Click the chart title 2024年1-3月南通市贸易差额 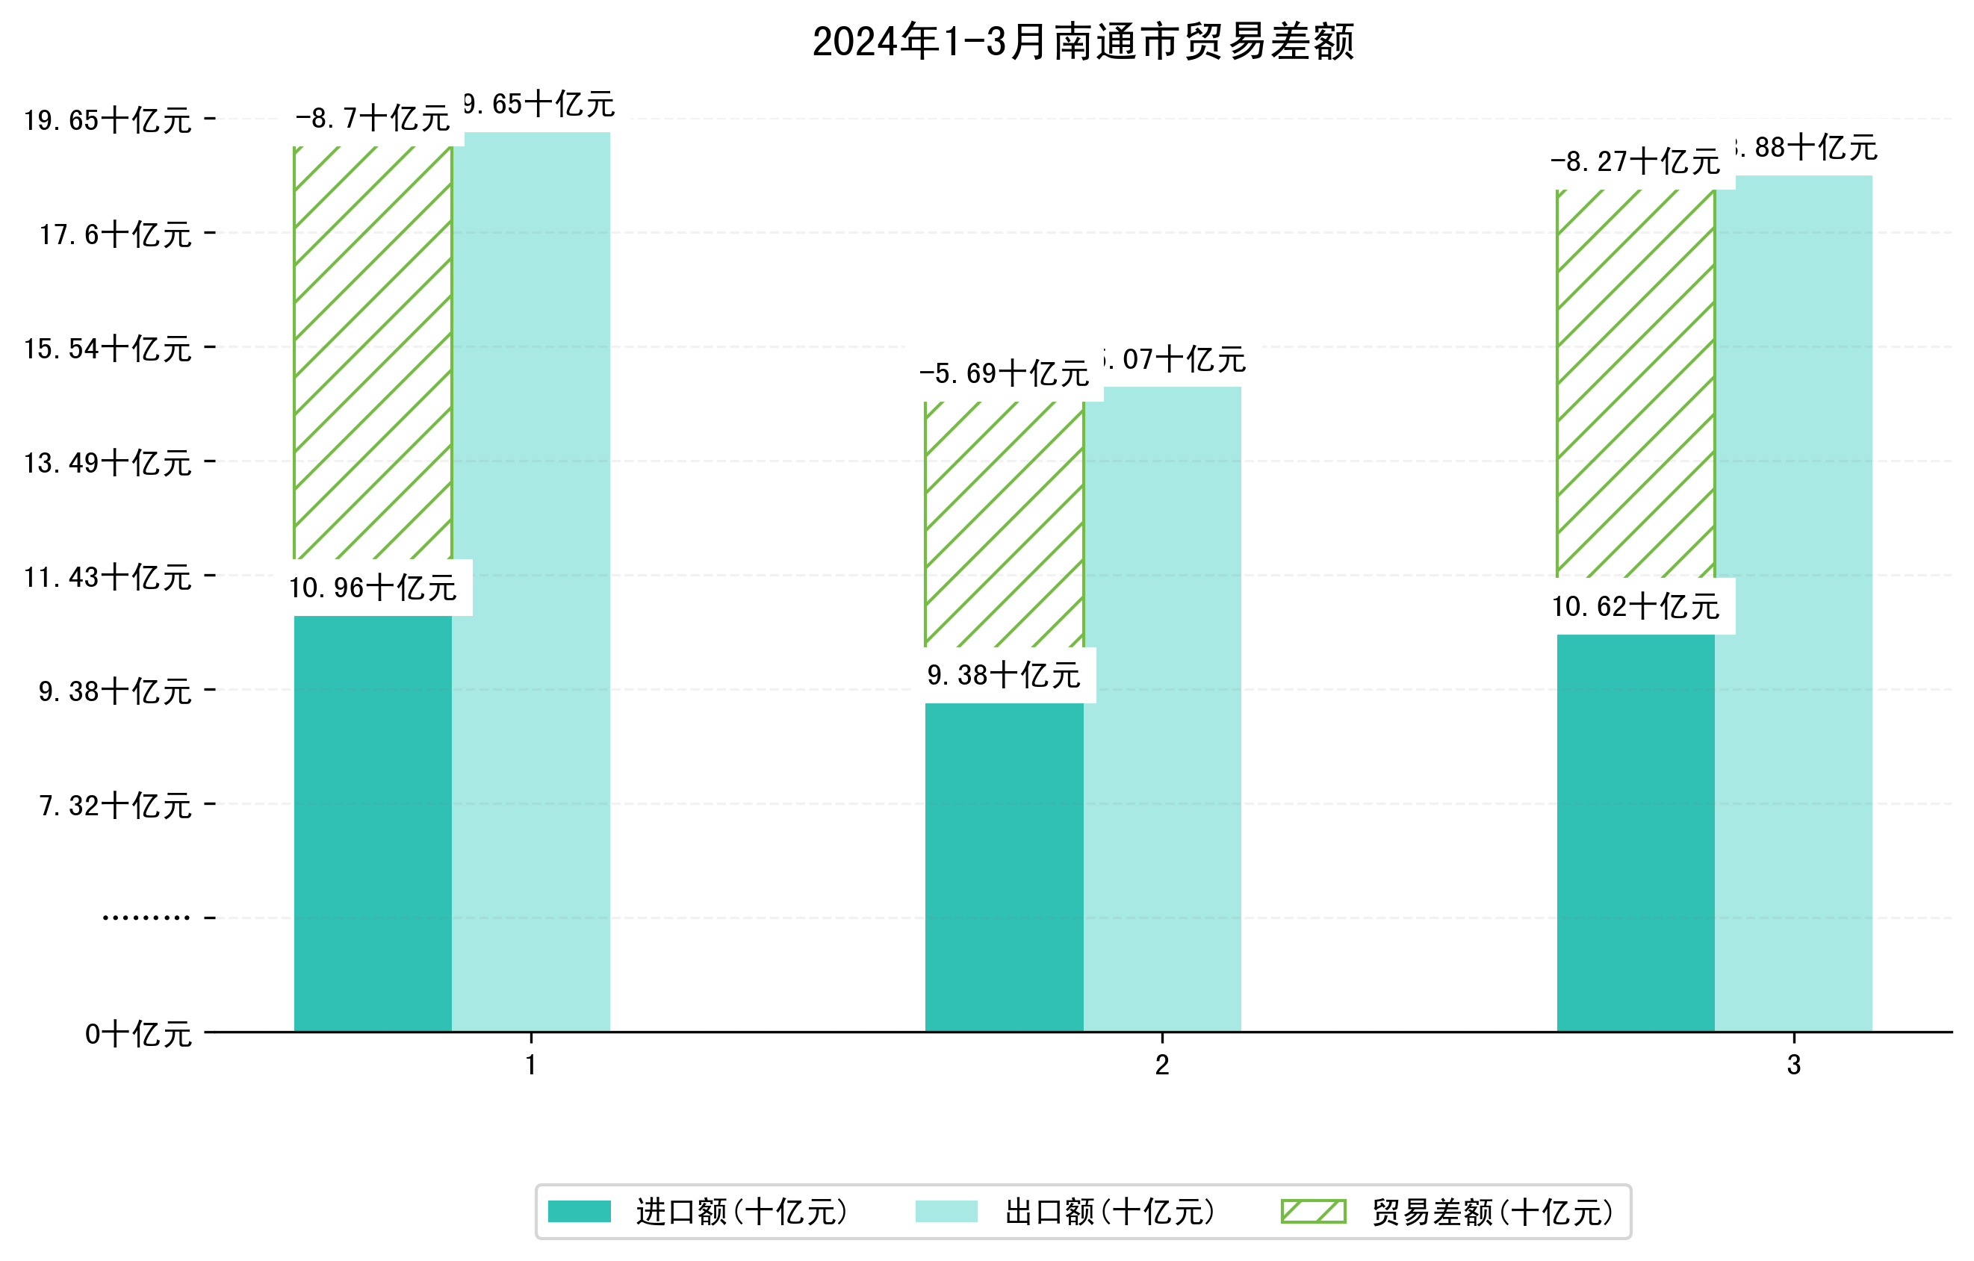1083,42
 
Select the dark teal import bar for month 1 373,823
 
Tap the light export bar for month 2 1161,709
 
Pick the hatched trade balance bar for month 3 1636,384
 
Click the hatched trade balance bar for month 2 1005,524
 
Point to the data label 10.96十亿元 373,588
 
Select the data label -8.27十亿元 1636,162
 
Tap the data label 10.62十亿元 1636,607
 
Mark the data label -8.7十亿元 373,119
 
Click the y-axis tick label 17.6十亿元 116,235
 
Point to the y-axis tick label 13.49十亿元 108,464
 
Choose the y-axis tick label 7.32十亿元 116,806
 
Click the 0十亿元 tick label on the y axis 138,1034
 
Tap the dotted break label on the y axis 146,918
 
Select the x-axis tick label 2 1161,1065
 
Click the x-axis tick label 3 1794,1065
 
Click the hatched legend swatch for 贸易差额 1313,1212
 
